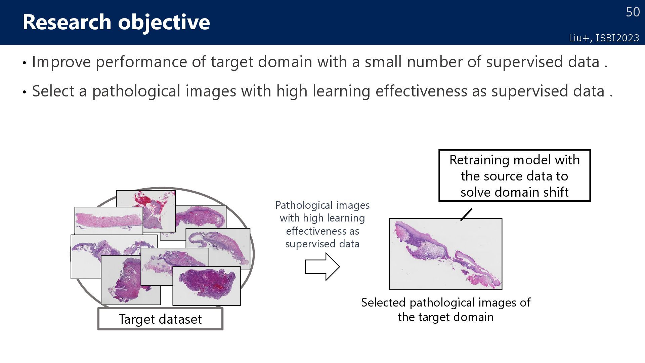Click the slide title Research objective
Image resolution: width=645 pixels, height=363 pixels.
point(116,22)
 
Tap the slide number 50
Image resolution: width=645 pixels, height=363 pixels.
point(633,12)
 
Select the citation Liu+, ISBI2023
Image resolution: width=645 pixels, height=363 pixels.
point(604,38)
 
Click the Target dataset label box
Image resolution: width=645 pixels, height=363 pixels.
point(160,319)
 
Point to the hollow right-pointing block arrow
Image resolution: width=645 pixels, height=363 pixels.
point(322,267)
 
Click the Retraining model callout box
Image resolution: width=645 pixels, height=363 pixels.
point(514,175)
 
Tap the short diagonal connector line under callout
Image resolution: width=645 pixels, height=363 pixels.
point(466,214)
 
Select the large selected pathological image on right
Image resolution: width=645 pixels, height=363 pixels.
point(445,254)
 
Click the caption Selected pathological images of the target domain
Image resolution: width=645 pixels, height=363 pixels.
point(445,310)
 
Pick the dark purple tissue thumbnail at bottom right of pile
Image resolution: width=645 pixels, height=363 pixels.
point(207,286)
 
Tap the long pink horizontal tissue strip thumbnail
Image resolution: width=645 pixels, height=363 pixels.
point(108,220)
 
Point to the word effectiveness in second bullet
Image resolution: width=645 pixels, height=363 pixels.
point(421,91)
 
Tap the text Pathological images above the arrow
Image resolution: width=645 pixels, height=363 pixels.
point(322,205)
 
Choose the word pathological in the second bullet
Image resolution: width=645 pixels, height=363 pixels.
point(136,91)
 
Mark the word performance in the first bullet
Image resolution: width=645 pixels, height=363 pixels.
point(141,62)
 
